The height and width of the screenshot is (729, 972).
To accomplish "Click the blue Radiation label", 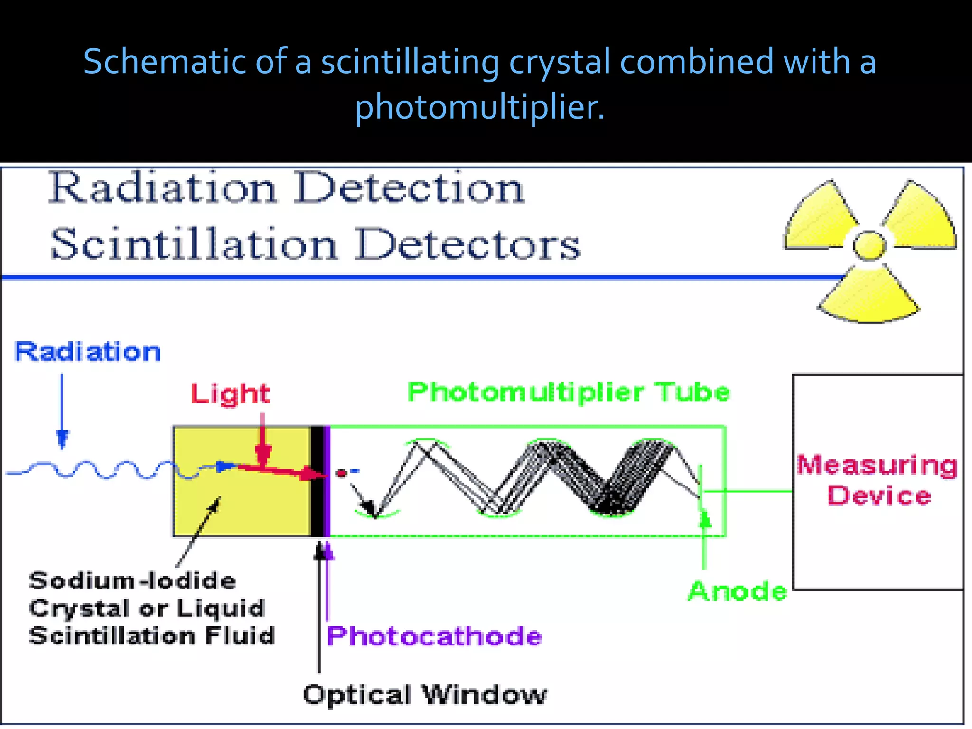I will tap(88, 352).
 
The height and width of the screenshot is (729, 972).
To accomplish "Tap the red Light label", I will tap(230, 394).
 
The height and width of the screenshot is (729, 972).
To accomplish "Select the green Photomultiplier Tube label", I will tap(568, 393).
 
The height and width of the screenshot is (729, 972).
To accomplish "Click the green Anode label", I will tap(738, 591).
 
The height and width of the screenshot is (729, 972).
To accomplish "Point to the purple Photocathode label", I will tap(434, 636).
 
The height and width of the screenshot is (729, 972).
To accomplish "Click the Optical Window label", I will tap(425, 695).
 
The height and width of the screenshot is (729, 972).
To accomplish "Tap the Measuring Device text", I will tap(878, 480).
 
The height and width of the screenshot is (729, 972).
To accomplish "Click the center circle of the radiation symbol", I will tap(869, 245).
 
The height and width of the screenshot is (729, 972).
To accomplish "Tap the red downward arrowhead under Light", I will tap(262, 454).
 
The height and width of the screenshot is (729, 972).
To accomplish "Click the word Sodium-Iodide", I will tap(132, 581).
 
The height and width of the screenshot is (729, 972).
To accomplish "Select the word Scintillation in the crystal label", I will tap(112, 636).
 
